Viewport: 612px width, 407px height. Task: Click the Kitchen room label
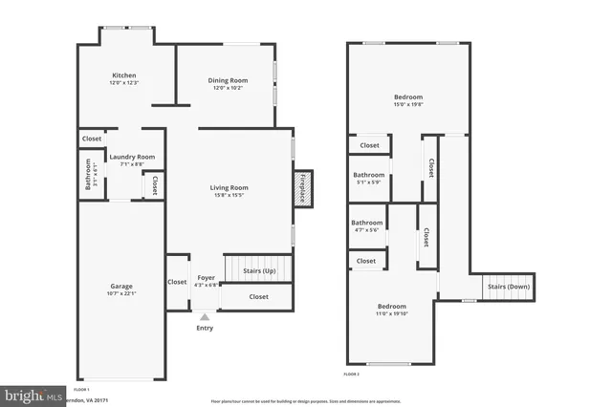click(x=124, y=75)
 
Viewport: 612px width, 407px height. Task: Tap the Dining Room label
click(x=228, y=80)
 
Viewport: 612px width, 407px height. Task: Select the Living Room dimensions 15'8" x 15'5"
click(x=229, y=196)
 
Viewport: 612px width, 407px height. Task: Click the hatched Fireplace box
click(x=303, y=187)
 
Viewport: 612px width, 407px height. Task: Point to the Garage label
click(x=120, y=286)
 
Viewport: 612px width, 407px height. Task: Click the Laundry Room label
click(x=132, y=157)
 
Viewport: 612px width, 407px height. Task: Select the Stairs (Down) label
click(x=509, y=287)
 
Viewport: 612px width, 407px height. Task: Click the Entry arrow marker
click(x=205, y=316)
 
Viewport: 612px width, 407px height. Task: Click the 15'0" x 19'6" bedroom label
click(x=408, y=97)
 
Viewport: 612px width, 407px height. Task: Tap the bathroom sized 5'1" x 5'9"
click(x=369, y=176)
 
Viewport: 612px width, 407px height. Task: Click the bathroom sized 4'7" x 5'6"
click(x=367, y=223)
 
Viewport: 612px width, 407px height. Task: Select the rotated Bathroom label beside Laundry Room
click(x=89, y=173)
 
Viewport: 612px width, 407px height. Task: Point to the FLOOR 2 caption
click(x=353, y=374)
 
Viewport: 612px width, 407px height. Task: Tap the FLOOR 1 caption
click(x=81, y=390)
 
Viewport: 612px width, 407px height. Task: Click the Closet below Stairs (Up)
click(x=258, y=296)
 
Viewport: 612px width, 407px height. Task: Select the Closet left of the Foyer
click(x=177, y=282)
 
